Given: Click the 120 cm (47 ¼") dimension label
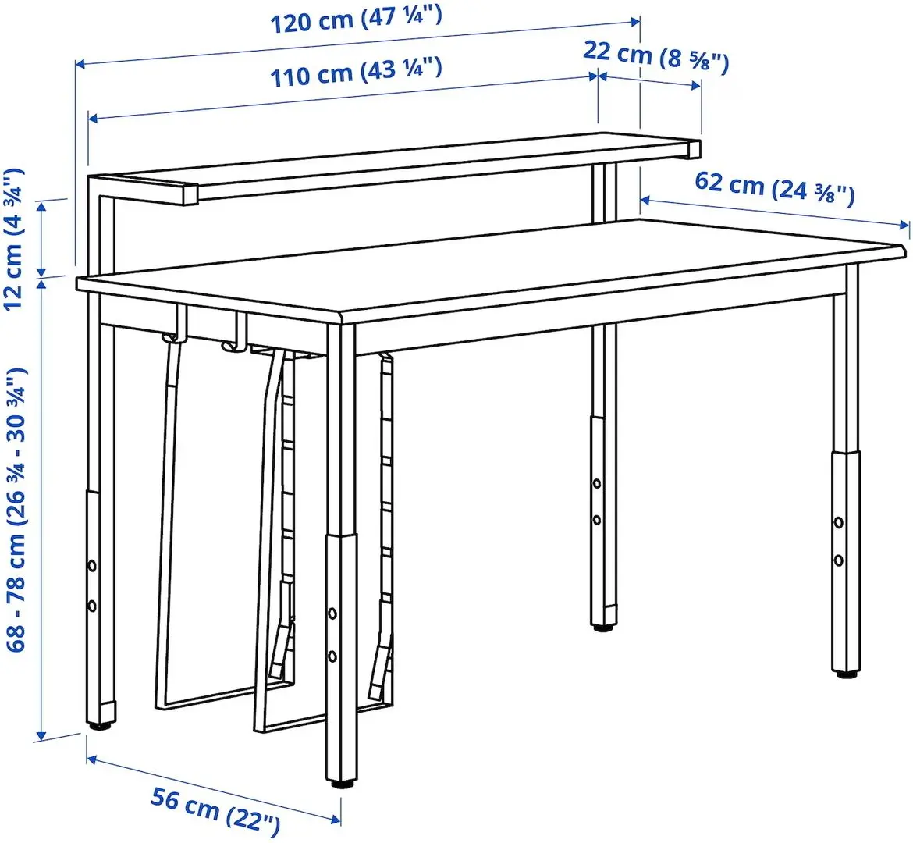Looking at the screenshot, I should click(x=356, y=18).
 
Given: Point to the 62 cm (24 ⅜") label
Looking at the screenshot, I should click(x=774, y=188).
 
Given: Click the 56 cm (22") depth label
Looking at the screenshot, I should click(x=215, y=809).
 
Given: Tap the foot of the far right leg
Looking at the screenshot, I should click(x=845, y=671).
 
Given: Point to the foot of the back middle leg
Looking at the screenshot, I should click(x=602, y=625).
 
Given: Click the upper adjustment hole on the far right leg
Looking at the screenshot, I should click(x=838, y=522).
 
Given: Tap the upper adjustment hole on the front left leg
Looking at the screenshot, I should click(x=91, y=564).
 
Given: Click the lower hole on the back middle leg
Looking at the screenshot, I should click(x=596, y=519).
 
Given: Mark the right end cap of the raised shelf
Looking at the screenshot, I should click(x=694, y=149).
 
